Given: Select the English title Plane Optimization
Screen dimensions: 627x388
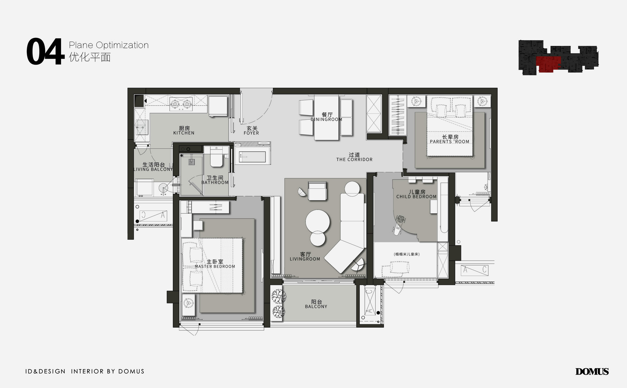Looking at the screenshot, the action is (109, 45).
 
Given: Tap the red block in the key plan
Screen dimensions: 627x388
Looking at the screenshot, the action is (548, 63).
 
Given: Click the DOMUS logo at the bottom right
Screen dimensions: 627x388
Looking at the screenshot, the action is (592, 371).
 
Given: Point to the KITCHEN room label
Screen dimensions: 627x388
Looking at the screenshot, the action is (184, 133).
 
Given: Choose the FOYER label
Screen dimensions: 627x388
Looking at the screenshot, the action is (251, 133).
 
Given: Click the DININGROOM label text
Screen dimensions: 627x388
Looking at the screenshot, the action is (327, 119).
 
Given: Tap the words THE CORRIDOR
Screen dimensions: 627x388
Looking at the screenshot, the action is (354, 160).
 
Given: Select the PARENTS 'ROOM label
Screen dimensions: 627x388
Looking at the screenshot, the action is (449, 142).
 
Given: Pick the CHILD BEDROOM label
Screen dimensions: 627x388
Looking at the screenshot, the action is (416, 197).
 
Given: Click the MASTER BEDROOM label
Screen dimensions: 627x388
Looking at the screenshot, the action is (215, 267).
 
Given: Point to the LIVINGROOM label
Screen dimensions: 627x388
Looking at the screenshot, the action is (305, 259).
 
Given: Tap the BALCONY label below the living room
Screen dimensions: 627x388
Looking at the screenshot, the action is (316, 307).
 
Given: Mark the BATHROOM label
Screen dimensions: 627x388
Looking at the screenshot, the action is (215, 183).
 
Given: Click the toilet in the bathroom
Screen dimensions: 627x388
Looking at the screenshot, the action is (216, 157).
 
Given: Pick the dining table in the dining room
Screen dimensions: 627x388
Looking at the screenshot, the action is (326, 118).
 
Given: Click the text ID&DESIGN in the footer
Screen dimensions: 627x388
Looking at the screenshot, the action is (45, 371).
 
